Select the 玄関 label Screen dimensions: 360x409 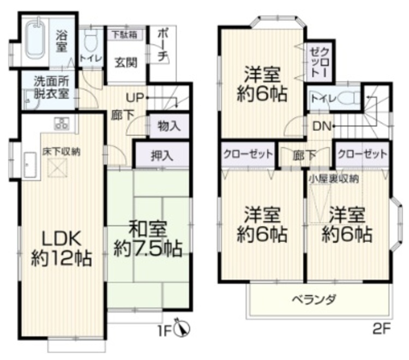tap(125, 61)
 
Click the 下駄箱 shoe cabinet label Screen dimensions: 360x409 tap(125, 34)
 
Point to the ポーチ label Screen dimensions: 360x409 tap(162, 45)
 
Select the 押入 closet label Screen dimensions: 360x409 tap(163, 154)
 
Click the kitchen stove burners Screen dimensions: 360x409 tap(61, 123)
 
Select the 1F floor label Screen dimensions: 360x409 tap(166, 329)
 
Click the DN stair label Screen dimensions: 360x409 tap(322, 127)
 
